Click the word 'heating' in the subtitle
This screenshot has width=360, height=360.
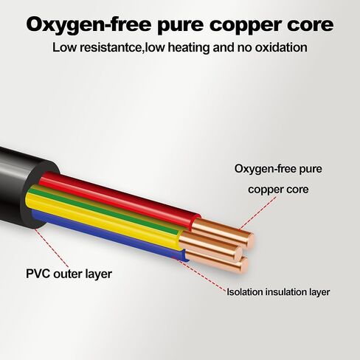(189, 48)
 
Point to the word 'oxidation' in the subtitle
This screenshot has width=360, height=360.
(281, 47)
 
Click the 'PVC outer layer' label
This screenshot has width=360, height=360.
(69, 274)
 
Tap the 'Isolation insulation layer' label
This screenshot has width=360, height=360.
(278, 292)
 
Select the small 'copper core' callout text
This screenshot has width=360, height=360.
(278, 190)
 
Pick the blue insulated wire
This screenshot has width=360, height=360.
(108, 234)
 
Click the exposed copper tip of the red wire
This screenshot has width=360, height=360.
(224, 232)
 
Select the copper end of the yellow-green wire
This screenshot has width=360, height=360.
(211, 246)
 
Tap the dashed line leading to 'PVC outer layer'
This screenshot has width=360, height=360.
(52, 248)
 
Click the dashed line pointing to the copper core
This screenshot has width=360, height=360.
(257, 213)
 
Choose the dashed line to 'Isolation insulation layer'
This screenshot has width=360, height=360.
(200, 274)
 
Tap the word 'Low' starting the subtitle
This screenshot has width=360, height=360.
(64, 47)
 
